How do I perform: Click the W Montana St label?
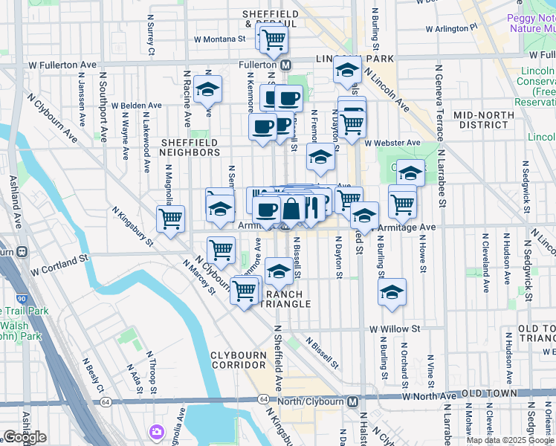pos(219,39)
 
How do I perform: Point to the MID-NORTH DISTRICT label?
pos(483,120)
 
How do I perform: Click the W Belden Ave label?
pos(137,106)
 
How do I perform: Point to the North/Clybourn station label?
pos(315,401)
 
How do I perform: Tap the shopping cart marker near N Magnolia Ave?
pos(170,219)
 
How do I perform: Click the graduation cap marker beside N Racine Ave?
pos(208,89)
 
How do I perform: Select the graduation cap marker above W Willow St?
pos(392,292)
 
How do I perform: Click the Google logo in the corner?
pos(25,437)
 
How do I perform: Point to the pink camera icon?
pos(157,431)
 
